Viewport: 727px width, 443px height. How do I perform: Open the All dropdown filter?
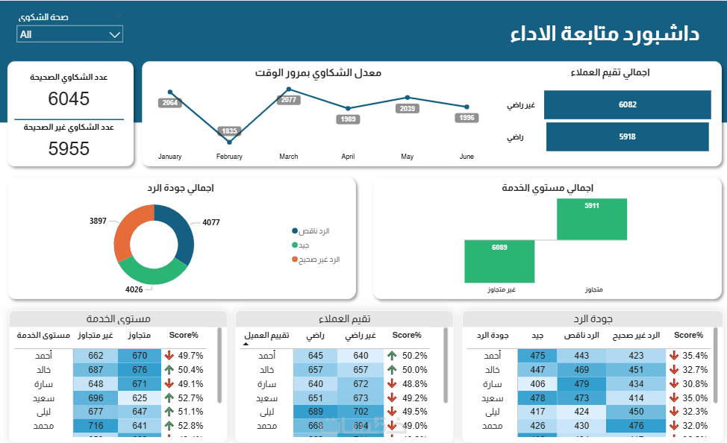tap(69, 34)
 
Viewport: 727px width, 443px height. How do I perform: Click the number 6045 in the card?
tap(69, 98)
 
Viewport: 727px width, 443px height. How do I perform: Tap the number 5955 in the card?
tap(69, 148)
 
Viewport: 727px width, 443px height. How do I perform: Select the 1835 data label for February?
tap(229, 131)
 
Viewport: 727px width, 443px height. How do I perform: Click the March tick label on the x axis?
tap(288, 157)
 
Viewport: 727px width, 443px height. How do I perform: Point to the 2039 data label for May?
tap(407, 109)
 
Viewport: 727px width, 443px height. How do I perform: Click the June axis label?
tap(466, 157)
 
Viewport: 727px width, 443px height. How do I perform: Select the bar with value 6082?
tap(627, 104)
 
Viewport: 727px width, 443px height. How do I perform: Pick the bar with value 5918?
tap(627, 136)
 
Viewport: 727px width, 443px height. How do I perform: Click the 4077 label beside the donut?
tap(211, 222)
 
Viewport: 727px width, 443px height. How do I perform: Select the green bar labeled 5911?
tap(592, 219)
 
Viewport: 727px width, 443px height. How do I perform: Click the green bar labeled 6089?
tap(499, 261)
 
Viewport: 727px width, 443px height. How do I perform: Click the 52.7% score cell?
tap(184, 398)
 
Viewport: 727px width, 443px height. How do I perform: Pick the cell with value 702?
tap(361, 412)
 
